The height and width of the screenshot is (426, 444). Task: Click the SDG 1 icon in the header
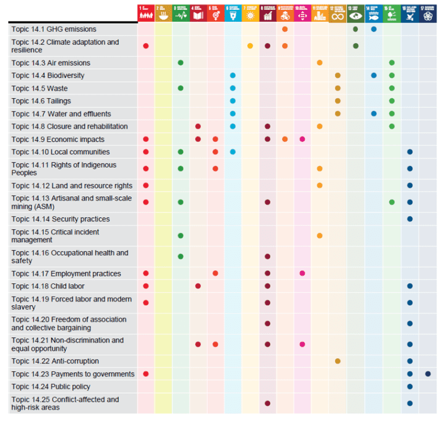coord(146,13)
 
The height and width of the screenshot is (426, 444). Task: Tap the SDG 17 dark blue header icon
coord(428,13)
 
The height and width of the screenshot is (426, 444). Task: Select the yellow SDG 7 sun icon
coord(250,13)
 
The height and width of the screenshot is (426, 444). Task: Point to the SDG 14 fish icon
coord(373,13)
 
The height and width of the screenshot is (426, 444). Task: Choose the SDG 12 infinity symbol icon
coord(338,13)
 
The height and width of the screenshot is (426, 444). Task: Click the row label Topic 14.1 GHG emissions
coord(54,30)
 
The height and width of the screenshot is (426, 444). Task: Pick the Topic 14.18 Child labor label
coord(48,286)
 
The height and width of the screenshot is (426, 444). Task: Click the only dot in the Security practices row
coord(410,219)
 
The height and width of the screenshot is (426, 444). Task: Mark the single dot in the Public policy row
coord(410,387)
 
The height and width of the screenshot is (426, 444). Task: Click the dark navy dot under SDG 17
coord(428,374)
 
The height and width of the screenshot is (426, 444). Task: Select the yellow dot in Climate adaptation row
coord(250,46)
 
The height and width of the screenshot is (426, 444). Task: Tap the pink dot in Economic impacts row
coord(302,139)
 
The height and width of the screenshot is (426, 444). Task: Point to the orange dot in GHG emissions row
coord(285,30)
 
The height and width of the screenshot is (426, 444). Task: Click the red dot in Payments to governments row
coord(146,374)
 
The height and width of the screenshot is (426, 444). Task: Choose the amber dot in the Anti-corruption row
coord(338,361)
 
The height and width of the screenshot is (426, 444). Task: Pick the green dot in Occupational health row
coord(180,256)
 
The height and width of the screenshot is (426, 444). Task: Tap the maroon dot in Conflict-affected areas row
coord(267,403)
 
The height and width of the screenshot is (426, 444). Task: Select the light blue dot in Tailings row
coord(232,101)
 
